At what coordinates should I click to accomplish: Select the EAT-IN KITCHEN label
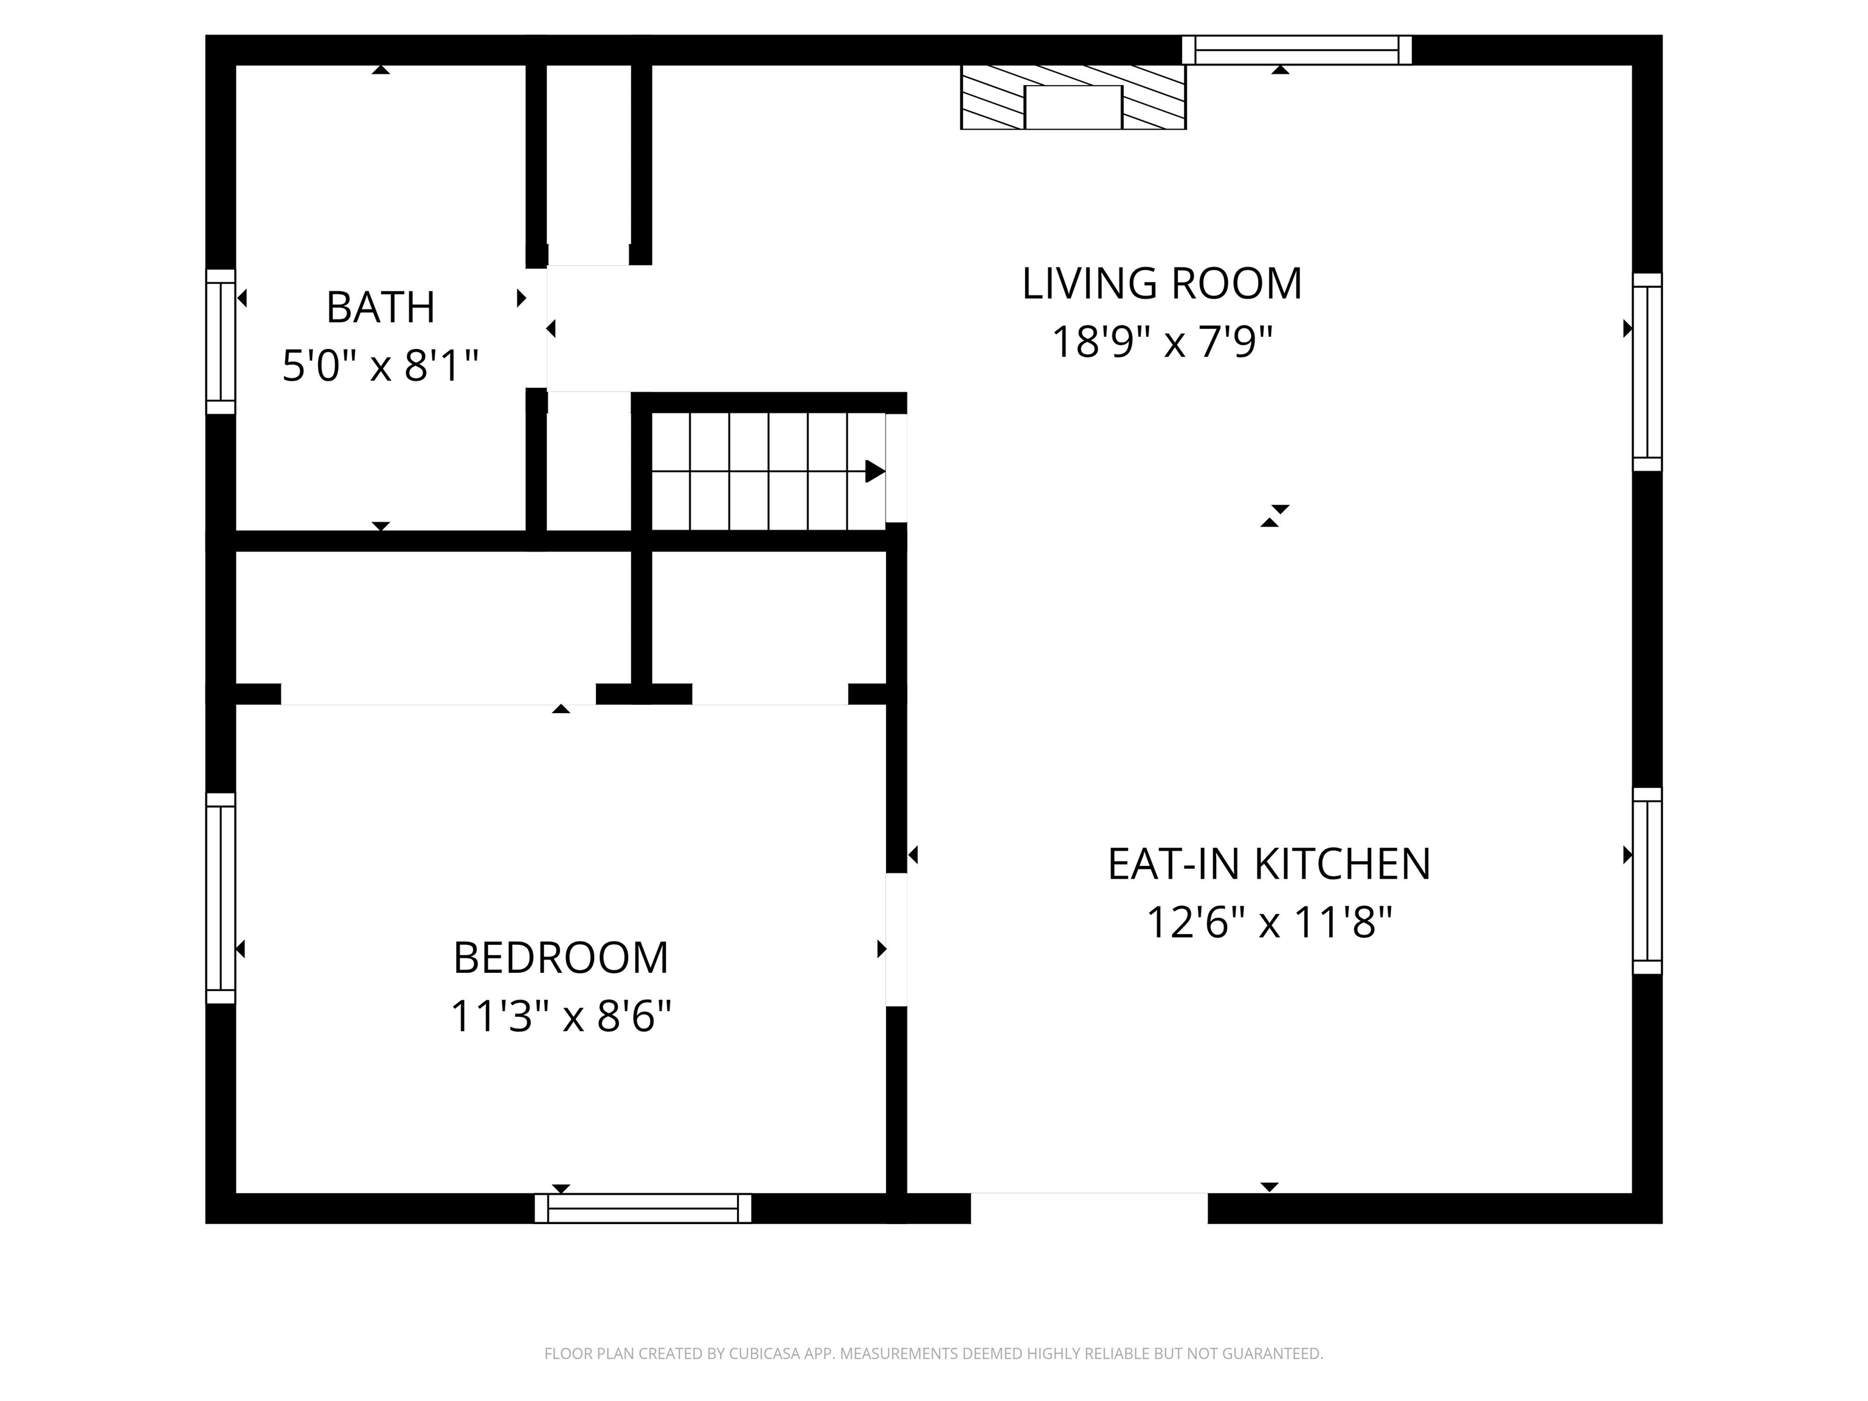1269,864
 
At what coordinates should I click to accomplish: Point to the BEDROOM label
561,958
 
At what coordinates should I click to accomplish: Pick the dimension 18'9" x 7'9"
1162,342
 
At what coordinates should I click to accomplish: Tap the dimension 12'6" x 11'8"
1269,922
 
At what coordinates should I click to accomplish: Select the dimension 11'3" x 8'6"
561,1016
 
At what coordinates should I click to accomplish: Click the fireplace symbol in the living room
1073,97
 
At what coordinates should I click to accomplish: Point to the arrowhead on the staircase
876,471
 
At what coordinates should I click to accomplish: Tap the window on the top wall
1296,50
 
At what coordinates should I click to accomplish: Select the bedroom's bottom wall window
643,1208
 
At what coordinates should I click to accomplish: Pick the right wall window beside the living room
1647,372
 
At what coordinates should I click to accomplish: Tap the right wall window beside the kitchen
1647,881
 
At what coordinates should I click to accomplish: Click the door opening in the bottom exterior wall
1090,1208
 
